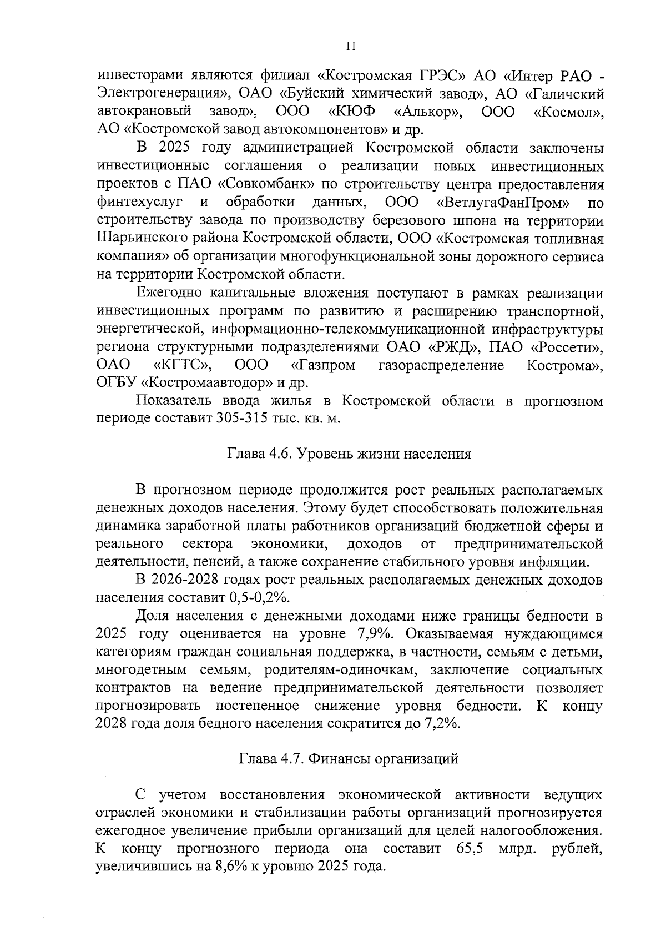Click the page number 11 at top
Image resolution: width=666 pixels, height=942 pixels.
(350, 47)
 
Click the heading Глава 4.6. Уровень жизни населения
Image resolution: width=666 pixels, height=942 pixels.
(349, 454)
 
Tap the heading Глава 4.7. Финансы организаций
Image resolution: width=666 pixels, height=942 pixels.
(349, 758)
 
